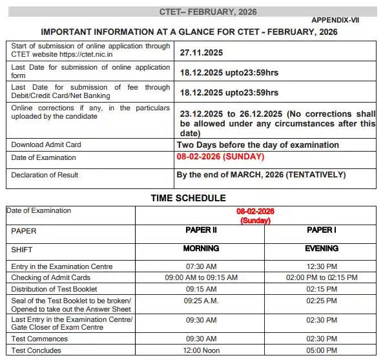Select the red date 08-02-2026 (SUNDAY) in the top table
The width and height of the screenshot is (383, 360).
[x=220, y=157]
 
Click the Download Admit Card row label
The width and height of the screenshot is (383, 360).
[x=47, y=145]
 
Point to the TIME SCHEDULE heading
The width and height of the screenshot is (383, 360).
[x=188, y=198]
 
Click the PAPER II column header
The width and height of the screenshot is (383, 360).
[x=201, y=230]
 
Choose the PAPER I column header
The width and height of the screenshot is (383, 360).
[x=321, y=230]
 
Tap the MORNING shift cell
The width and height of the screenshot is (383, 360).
[x=201, y=248]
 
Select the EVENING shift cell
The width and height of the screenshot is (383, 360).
[x=321, y=248]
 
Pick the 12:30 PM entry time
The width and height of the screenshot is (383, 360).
[x=321, y=266]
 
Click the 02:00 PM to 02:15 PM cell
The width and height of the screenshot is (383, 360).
[x=321, y=278]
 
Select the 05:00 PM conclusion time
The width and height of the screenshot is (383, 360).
[x=321, y=350]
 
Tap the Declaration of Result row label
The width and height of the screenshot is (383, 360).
[x=45, y=175]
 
